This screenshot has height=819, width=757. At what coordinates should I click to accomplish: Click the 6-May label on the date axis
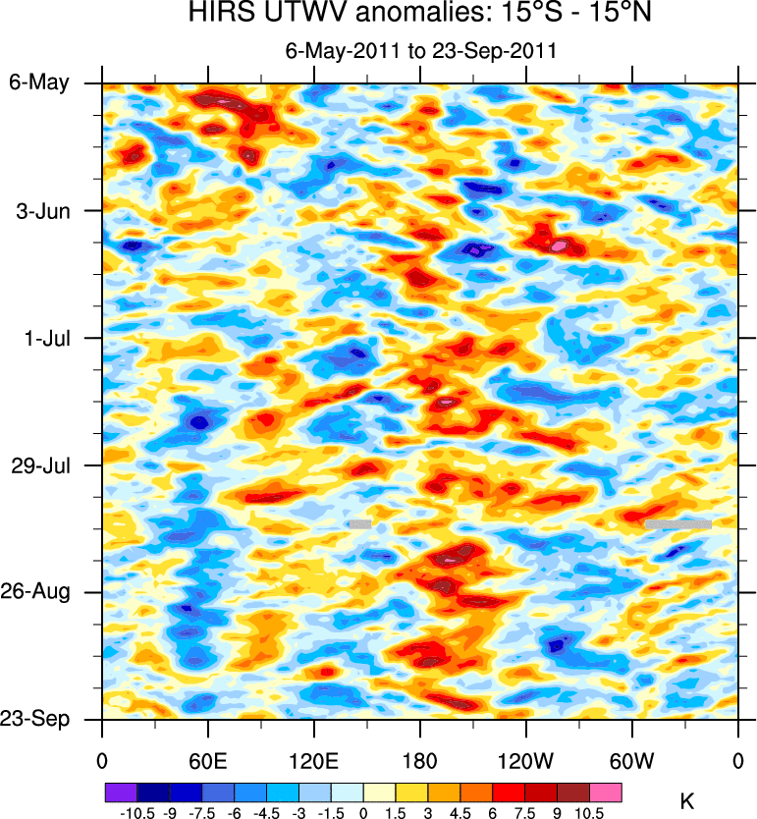pyautogui.click(x=39, y=82)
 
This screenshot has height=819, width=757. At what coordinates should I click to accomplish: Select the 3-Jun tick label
pyautogui.click(x=43, y=210)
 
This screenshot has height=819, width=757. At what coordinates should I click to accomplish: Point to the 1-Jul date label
pyautogui.click(x=45, y=338)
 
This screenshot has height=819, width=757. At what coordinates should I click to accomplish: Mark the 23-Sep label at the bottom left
pyautogui.click(x=39, y=719)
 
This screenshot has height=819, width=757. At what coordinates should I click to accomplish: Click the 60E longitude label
pyautogui.click(x=207, y=760)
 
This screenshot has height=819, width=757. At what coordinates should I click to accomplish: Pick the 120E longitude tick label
pyautogui.click(x=313, y=760)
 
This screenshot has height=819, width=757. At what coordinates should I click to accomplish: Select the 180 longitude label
pyautogui.click(x=419, y=760)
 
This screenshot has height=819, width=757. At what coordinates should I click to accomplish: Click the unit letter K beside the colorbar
pyautogui.click(x=687, y=802)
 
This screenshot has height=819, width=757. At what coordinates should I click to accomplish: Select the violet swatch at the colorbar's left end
pyautogui.click(x=121, y=792)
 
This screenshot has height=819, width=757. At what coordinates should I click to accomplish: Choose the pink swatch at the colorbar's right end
pyautogui.click(x=606, y=792)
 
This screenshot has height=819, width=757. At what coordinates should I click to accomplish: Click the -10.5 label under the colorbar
pyautogui.click(x=135, y=813)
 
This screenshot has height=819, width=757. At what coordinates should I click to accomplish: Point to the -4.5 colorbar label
pyautogui.click(x=266, y=813)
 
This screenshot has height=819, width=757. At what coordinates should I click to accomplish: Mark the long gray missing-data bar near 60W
pyautogui.click(x=677, y=524)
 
